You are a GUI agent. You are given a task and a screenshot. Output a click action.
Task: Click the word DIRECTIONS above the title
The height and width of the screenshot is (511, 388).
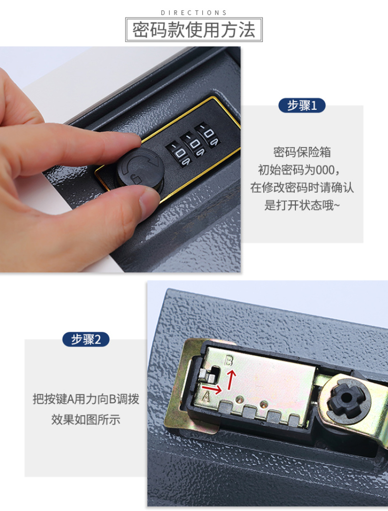pos(194,13)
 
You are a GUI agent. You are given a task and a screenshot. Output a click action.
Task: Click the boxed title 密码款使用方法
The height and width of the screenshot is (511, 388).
pos(194,30)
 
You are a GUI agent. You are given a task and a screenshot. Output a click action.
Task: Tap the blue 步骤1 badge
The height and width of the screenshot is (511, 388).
pos(302,105)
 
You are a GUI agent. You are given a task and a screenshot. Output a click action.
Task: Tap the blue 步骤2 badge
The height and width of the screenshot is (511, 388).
pos(86,339)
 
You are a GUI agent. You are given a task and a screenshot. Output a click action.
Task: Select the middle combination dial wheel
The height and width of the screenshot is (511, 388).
pos(194,144)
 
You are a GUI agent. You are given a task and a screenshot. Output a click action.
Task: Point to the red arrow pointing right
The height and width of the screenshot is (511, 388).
pos(212,388)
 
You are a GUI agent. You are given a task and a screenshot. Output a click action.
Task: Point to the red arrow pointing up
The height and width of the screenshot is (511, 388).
pos(231,379)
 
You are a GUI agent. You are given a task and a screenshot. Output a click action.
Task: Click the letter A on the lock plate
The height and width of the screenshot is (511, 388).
pos(206,396)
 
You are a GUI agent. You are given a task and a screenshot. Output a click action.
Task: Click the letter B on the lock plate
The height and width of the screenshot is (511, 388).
pos(229,361)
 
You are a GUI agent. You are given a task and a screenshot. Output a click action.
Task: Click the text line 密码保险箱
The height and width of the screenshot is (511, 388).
pos(302,152)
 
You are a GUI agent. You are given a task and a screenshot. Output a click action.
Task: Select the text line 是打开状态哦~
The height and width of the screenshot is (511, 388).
pos(302,205)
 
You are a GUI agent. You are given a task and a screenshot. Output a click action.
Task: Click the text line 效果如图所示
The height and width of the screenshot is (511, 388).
pos(86,419)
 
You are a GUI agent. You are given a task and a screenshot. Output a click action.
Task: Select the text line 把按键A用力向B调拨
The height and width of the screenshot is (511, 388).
pos(86,399)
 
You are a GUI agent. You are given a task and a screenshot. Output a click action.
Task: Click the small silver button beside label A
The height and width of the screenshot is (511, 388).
pos(208,376)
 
